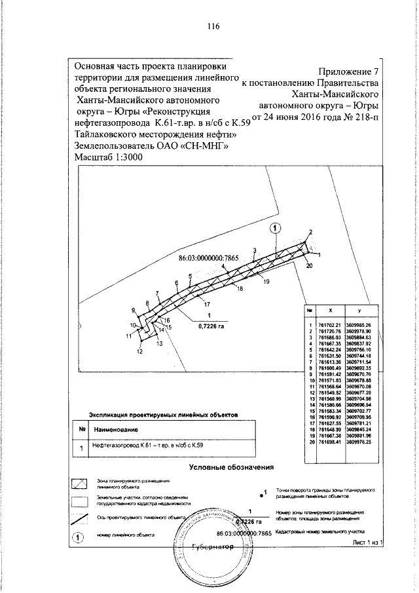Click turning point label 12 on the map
tap(139, 352)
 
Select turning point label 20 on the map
tap(309, 265)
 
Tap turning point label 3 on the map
tap(254, 250)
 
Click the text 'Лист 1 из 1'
tap(367, 543)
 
